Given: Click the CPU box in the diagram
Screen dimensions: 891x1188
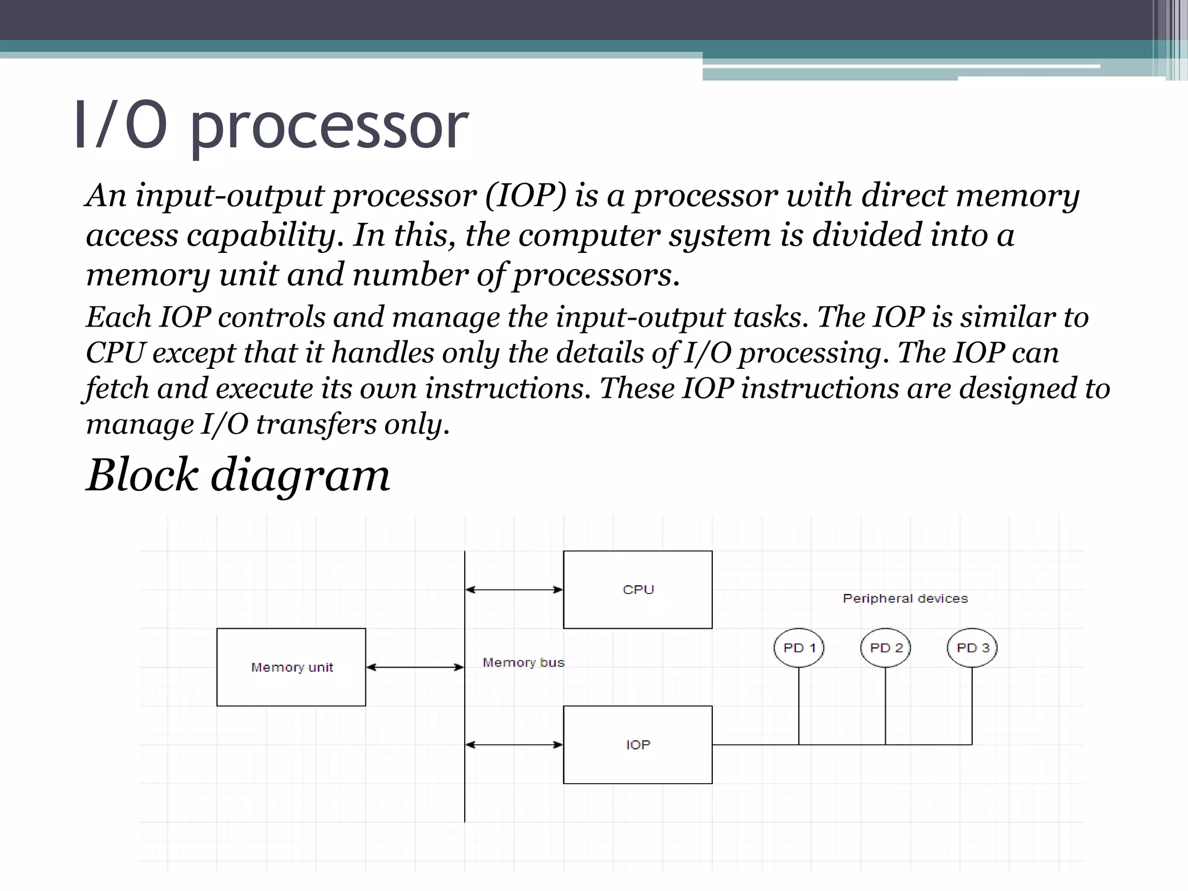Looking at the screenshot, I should (638, 589).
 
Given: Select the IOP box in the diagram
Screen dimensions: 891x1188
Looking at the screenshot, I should (638, 744).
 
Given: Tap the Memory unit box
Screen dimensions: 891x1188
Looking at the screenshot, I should (291, 667).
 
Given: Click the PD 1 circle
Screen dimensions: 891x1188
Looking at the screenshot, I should (799, 648).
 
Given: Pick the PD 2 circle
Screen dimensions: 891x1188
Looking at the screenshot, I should (885, 648).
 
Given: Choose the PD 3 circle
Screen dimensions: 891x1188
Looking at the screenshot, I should (972, 648).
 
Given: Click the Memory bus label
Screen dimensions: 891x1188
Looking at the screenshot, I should (523, 662).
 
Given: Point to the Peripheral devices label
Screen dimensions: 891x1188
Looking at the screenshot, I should (905, 598).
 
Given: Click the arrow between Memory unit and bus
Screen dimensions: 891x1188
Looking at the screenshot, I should (415, 667).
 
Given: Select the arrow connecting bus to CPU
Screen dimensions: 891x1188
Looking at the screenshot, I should (514, 590).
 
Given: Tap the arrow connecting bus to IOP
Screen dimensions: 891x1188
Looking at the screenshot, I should (514, 745).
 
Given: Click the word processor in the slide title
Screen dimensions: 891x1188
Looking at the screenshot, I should (328, 126).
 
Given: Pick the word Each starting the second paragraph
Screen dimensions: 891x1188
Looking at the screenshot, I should (118, 317).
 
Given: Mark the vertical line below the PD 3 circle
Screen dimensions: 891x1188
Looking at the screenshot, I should (972, 706).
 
